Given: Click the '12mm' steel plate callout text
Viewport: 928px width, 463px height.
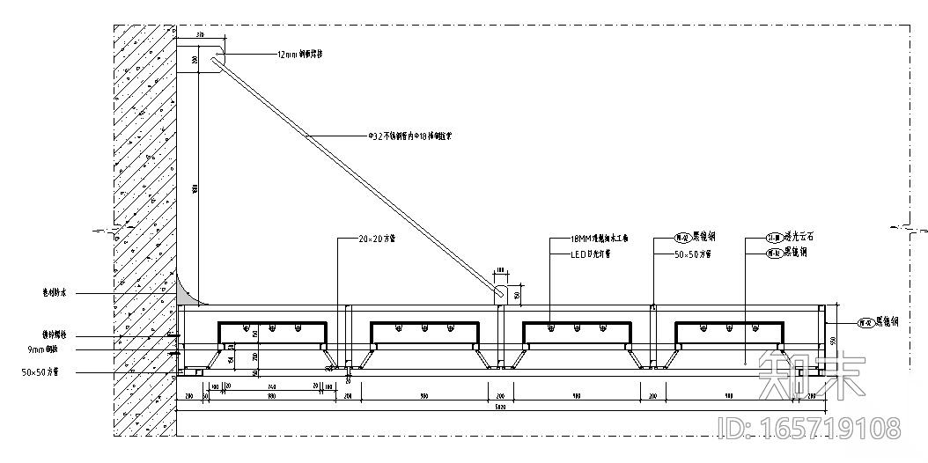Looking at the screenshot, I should pyautogui.click(x=300, y=54).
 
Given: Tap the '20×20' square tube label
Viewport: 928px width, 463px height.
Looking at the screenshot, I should pyautogui.click(x=377, y=239).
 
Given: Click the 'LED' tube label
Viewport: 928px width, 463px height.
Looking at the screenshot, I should pyautogui.click(x=592, y=254).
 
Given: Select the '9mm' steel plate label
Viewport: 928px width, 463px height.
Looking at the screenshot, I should pyautogui.click(x=43, y=350).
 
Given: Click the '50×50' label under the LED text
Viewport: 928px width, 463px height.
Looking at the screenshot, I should pyautogui.click(x=693, y=254).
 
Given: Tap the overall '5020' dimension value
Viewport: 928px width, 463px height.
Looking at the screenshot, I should pyautogui.click(x=500, y=408).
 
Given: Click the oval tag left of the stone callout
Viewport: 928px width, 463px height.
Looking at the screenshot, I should pyautogui.click(x=751, y=239).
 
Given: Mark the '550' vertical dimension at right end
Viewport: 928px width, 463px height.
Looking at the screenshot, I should pyautogui.click(x=831, y=340).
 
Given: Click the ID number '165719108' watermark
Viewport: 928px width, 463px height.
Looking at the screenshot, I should pyautogui.click(x=811, y=429).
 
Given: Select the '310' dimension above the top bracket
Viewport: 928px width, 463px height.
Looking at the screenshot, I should pyautogui.click(x=200, y=35).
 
